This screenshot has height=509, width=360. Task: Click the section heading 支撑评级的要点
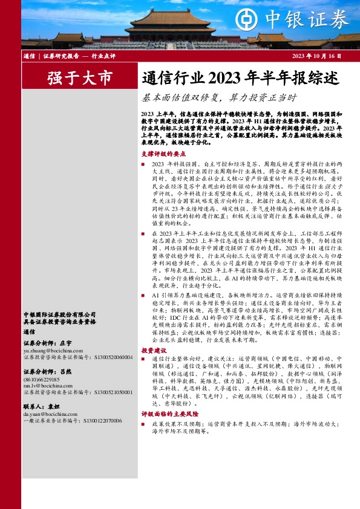coord(161,154)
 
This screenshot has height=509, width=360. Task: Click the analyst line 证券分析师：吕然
coord(44,372)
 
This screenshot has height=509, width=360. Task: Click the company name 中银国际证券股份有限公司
coord(59,314)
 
